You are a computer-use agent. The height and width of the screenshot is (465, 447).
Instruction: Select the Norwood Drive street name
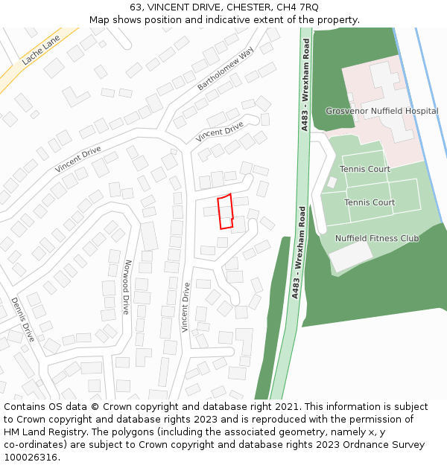(x=127, y=287)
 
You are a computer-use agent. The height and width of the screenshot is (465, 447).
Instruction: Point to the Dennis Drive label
(x=22, y=319)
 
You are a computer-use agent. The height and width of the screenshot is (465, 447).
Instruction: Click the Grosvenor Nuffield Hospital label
(x=381, y=111)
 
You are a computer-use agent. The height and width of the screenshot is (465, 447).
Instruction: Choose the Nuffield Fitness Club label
(x=376, y=238)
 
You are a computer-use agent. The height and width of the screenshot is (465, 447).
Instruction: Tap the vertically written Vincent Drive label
(x=186, y=307)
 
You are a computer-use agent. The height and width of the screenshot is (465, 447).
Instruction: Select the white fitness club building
(x=350, y=257)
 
